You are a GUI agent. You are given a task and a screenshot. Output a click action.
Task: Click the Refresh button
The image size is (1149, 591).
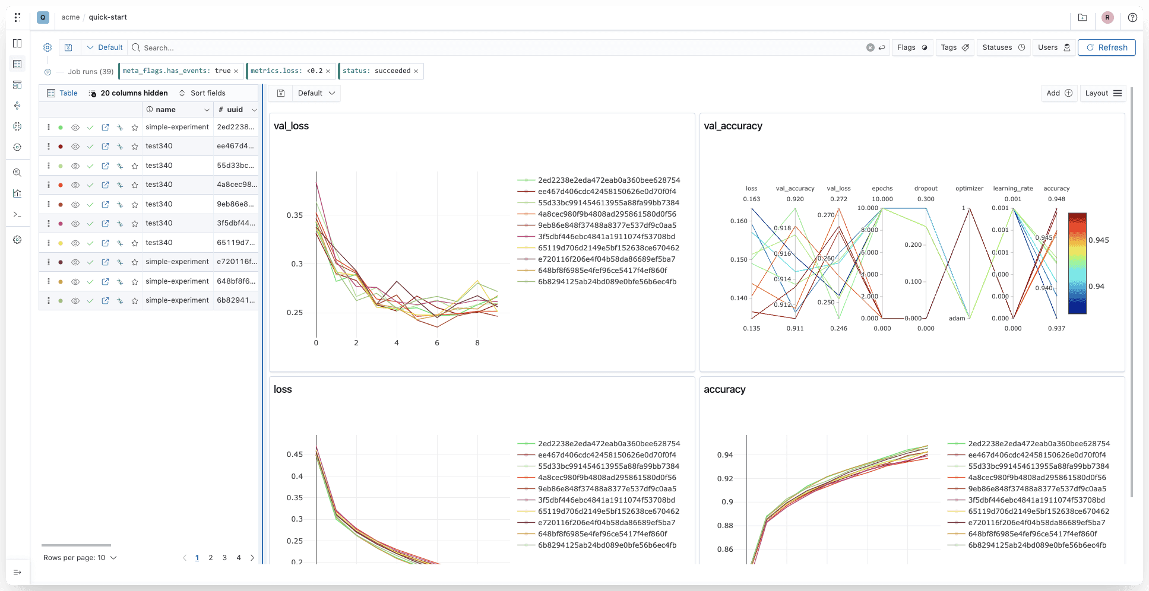1106,47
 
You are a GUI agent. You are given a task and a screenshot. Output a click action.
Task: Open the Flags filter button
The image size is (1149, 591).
912,47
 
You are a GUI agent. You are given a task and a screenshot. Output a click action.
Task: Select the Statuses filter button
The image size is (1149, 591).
1004,47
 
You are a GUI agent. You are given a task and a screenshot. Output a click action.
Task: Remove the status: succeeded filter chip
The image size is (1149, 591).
416,71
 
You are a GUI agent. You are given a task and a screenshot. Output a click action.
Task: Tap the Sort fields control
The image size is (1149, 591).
202,93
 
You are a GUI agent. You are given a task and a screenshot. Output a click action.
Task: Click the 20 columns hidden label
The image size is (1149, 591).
134,93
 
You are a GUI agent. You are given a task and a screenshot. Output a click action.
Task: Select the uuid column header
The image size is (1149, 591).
235,110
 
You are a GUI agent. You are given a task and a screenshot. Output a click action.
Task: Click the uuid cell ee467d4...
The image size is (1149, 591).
235,146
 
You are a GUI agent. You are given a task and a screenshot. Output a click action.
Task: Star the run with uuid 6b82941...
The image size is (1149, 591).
135,301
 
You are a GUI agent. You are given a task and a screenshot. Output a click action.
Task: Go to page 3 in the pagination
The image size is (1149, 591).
224,558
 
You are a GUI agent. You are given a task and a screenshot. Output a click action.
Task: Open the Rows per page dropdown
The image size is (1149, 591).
80,558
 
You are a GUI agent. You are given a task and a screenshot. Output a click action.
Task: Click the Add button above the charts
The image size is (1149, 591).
1059,93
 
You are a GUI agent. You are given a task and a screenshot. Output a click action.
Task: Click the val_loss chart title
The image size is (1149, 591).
291,126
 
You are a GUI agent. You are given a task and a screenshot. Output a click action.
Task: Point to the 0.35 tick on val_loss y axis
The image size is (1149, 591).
295,215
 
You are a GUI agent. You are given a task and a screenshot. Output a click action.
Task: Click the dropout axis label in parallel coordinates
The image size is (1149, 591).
926,189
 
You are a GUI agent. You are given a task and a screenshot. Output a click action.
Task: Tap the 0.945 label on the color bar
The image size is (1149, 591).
1099,240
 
